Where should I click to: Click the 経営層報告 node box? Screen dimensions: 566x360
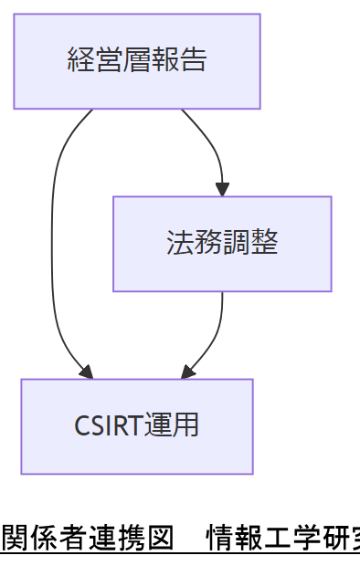click(137, 61)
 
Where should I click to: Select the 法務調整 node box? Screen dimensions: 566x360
click(222, 244)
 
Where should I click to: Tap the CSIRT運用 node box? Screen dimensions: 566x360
click(137, 426)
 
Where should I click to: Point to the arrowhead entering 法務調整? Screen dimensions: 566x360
click(222, 190)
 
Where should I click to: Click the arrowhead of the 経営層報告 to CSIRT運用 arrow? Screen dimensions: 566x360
click(87, 372)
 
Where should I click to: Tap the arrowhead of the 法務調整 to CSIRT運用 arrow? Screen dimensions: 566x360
click(187, 372)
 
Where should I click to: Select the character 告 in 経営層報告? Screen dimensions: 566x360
click(194, 60)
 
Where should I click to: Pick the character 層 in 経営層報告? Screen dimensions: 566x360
click(137, 60)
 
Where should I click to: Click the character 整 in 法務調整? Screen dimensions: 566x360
click(265, 243)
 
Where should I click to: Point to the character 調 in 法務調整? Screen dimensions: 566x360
click(237, 243)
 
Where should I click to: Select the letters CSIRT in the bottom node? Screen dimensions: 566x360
click(108, 426)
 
